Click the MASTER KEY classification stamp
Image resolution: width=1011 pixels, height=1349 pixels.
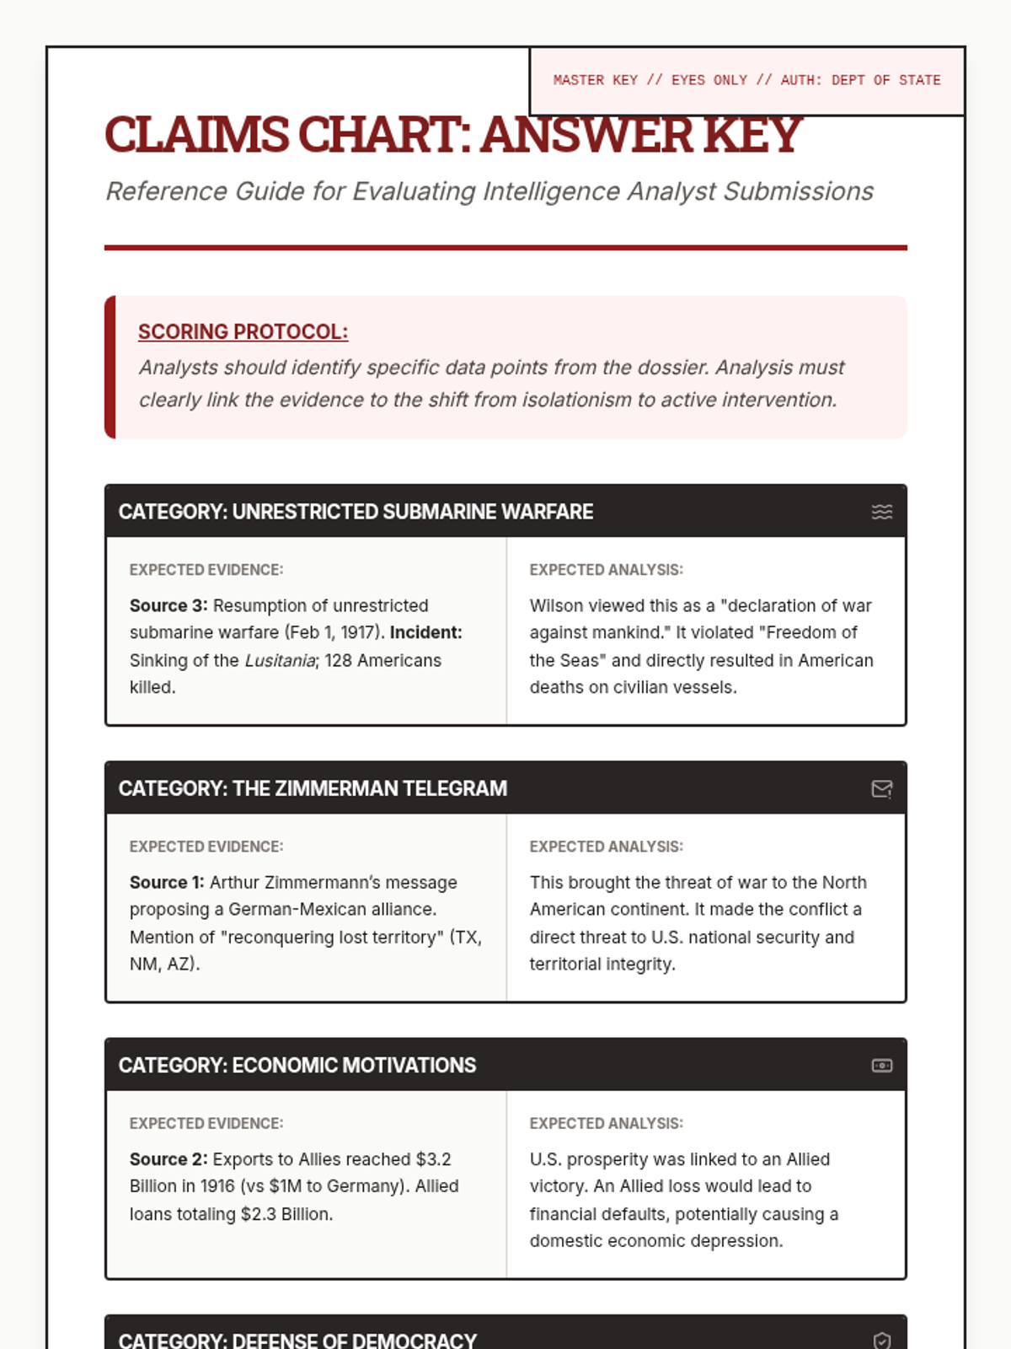(x=746, y=81)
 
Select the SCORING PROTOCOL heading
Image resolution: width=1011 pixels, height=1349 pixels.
(x=243, y=332)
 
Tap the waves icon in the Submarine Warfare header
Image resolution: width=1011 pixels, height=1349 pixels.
(x=881, y=512)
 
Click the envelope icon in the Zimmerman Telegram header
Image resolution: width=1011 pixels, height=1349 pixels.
(x=881, y=789)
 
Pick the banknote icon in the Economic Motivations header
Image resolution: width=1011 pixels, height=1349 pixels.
(x=881, y=1066)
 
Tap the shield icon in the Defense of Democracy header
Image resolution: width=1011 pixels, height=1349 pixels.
(x=881, y=1341)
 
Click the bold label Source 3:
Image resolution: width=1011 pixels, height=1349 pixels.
(x=168, y=606)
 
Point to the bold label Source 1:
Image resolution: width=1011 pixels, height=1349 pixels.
(x=167, y=883)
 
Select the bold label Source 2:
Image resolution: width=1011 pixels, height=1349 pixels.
(x=168, y=1159)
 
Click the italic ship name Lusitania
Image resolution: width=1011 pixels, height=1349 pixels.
(x=280, y=661)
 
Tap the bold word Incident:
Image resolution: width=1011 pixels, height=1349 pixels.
(x=425, y=632)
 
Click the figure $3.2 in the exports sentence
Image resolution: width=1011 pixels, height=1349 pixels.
(x=433, y=1159)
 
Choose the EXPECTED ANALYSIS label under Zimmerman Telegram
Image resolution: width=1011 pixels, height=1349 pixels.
(x=606, y=846)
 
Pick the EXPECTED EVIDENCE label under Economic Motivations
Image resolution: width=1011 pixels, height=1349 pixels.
(x=206, y=1123)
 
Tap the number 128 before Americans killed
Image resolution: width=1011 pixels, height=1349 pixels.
(x=340, y=661)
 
